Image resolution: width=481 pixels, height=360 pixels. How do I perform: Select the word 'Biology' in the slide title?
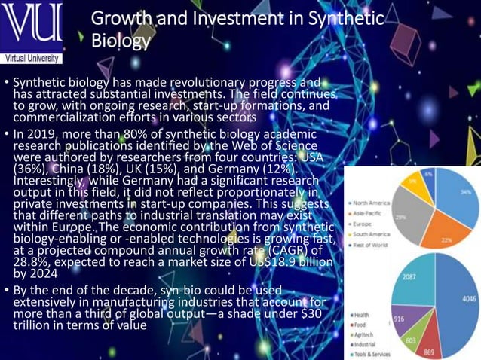[121, 41]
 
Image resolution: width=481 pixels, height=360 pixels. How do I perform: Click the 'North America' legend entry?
[369, 202]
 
